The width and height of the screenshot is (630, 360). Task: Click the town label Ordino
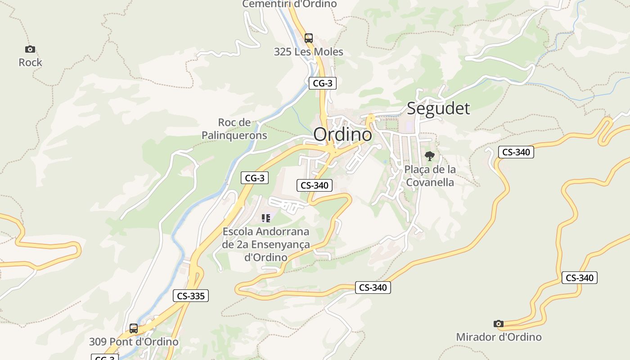(343, 134)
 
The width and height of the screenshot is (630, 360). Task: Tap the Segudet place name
(438, 108)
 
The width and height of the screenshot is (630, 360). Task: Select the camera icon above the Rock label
(30, 49)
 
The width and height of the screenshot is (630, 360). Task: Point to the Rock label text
(30, 63)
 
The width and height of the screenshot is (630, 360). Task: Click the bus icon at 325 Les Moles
(308, 38)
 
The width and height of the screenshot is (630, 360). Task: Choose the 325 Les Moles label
(308, 52)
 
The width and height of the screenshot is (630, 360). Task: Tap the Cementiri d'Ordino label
(289, 4)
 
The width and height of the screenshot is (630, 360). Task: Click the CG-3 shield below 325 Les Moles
(322, 83)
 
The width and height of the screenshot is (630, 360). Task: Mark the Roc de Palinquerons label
(234, 129)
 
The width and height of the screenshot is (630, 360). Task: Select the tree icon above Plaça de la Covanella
(430, 156)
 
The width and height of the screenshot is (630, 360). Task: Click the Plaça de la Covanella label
(430, 176)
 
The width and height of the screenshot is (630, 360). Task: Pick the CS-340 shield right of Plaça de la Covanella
(516, 152)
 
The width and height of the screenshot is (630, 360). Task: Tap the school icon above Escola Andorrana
(266, 218)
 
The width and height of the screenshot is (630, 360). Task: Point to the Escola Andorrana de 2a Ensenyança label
(266, 244)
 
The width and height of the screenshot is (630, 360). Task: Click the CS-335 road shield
(191, 296)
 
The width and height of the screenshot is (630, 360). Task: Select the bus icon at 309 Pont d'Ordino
(134, 328)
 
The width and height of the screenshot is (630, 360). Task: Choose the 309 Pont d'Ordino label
(134, 342)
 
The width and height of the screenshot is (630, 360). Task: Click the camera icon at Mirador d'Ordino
(498, 324)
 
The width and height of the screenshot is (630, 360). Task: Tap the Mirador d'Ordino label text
(499, 337)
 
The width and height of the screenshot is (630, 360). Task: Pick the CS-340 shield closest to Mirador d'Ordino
(579, 278)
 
